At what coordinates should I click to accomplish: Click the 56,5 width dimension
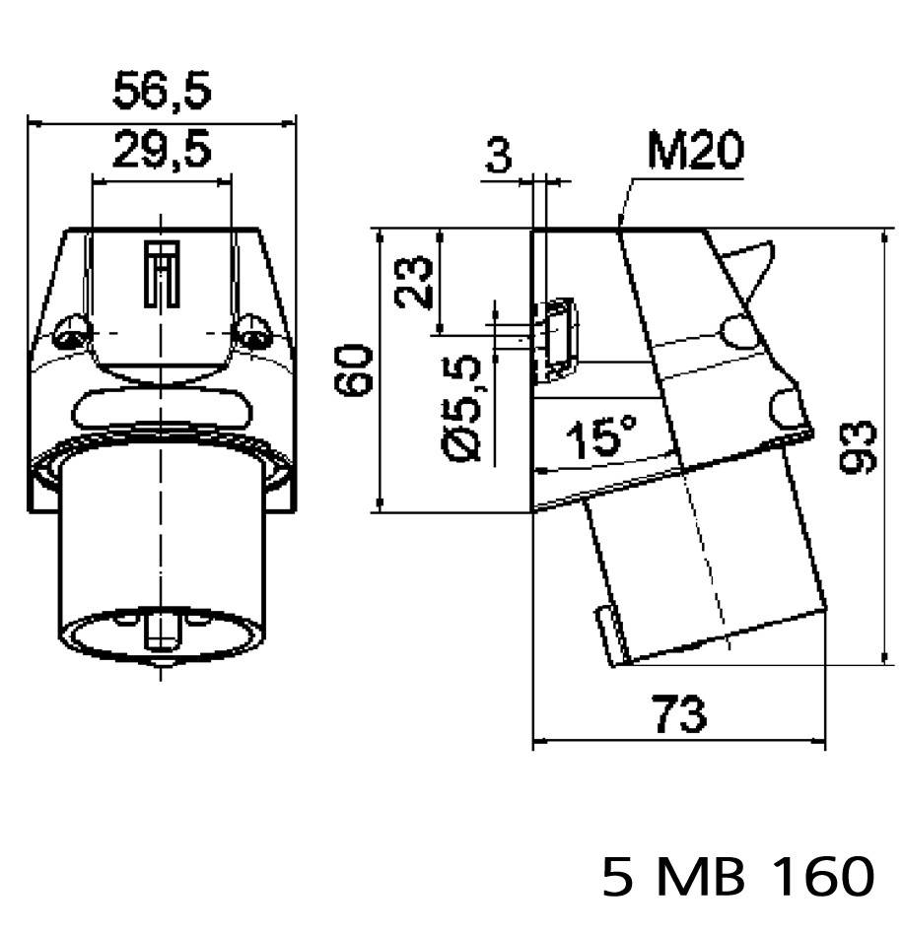click(x=161, y=92)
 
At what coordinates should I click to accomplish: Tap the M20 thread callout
click(x=695, y=153)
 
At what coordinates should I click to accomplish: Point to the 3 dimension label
click(x=500, y=157)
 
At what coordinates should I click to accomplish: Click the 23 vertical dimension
click(x=416, y=282)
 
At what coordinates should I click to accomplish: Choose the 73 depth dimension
click(x=679, y=713)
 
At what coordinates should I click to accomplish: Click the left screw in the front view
click(x=70, y=336)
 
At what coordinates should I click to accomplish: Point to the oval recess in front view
click(x=161, y=409)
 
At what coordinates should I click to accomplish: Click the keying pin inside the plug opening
click(x=160, y=627)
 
